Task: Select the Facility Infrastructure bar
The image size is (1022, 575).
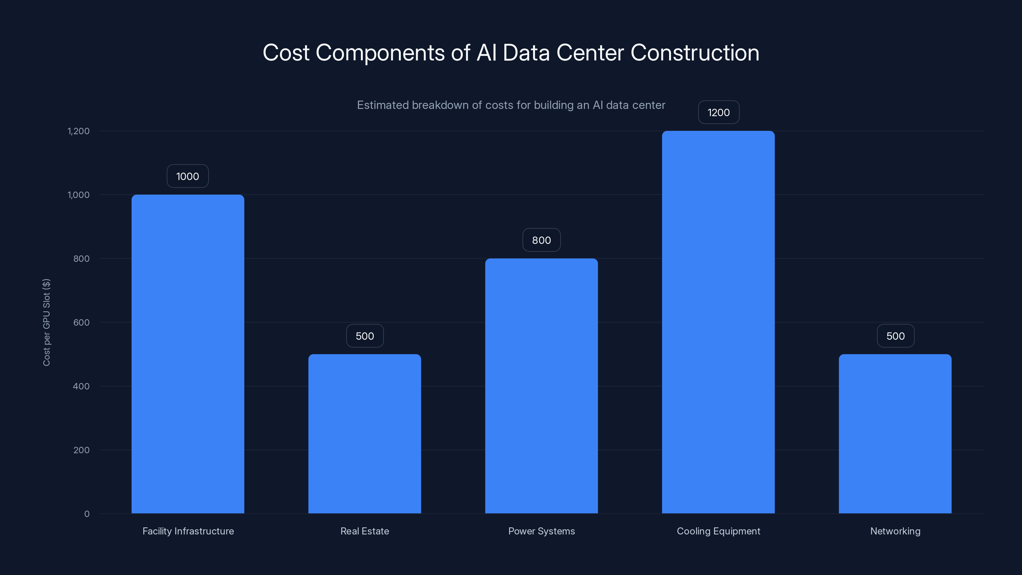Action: tap(188, 354)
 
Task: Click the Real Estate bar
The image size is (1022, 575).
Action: tap(365, 434)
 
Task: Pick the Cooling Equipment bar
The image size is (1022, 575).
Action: tap(718, 322)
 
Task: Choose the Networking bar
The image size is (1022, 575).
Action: tap(895, 434)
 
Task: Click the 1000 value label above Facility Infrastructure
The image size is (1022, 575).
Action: tap(188, 176)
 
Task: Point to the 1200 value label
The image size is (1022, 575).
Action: tap(719, 112)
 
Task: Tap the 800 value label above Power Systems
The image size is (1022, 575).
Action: tap(541, 240)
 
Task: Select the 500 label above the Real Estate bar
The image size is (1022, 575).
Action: tap(365, 336)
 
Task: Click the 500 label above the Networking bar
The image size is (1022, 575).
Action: tap(896, 336)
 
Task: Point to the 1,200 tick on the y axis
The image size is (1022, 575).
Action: tap(79, 131)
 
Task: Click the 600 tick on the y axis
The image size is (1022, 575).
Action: tap(81, 322)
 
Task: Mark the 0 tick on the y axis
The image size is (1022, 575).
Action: tap(87, 514)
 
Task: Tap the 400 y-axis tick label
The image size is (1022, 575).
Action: tap(81, 386)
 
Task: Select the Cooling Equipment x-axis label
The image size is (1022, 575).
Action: tap(718, 531)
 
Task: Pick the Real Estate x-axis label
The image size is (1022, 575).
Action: tap(365, 531)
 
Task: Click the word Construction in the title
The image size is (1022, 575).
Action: tap(695, 53)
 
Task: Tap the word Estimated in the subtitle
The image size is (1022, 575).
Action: tap(383, 105)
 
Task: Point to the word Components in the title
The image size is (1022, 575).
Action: tap(380, 53)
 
